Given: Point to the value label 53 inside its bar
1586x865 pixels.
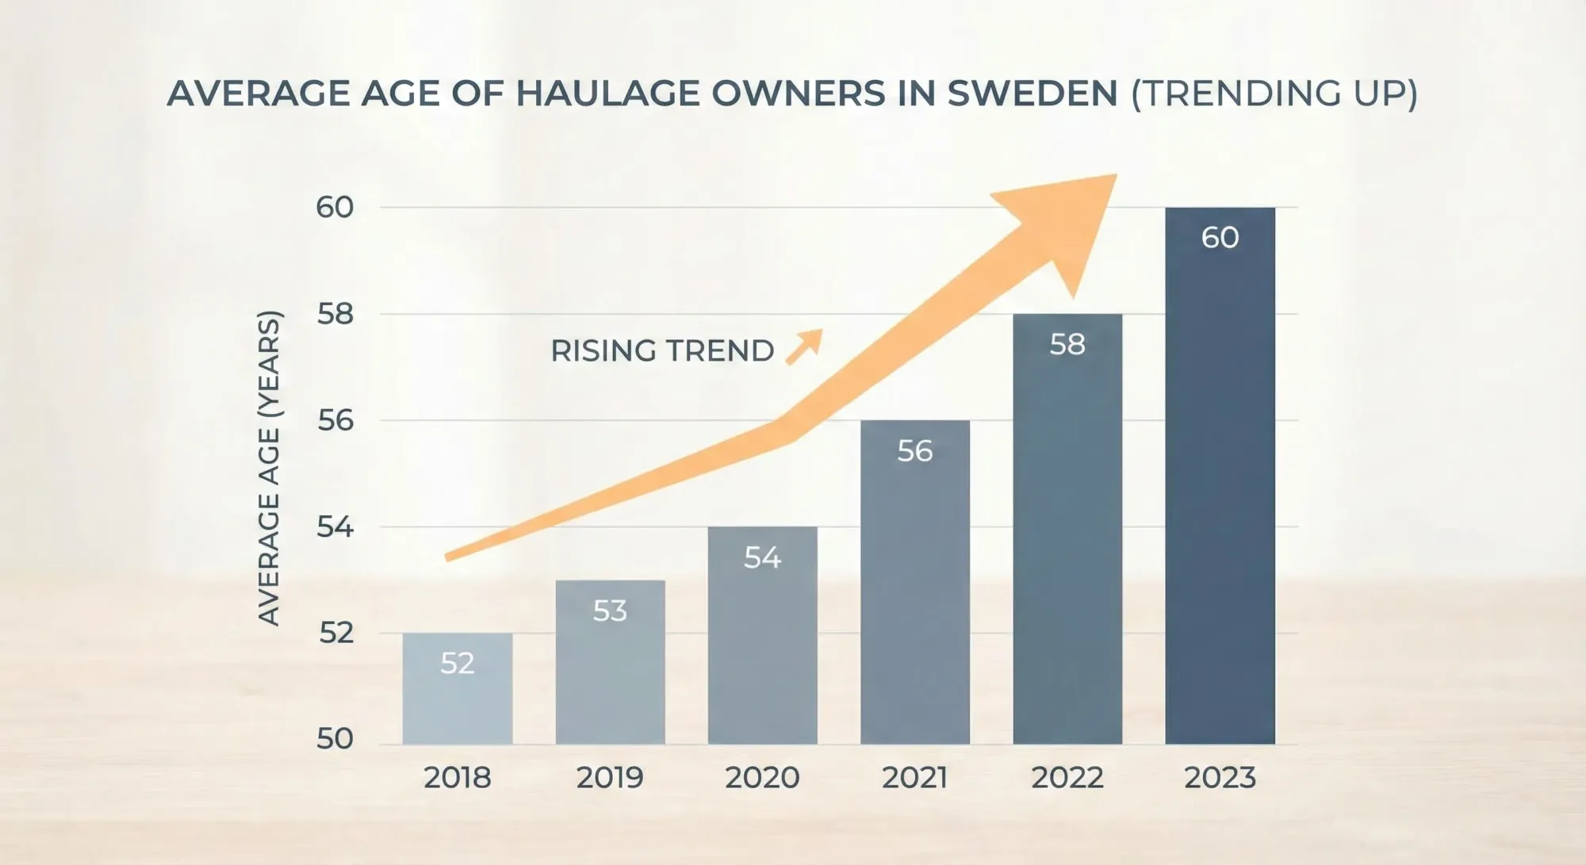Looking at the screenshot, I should tap(610, 610).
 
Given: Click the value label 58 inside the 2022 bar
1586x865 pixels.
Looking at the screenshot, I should tap(1067, 344).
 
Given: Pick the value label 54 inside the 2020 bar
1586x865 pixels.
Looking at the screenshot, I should tap(762, 557).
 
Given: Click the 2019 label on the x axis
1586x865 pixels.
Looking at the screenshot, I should tap(610, 778).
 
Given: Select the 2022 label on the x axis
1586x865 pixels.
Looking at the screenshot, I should tap(1067, 778).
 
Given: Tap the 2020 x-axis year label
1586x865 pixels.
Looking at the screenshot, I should tap(762, 778).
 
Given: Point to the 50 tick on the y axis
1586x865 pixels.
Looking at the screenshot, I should tap(335, 739).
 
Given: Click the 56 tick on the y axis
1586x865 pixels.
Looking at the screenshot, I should tap(335, 420).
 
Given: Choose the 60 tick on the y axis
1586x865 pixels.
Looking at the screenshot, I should tap(335, 208).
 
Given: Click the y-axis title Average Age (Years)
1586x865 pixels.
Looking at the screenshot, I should tap(270, 468).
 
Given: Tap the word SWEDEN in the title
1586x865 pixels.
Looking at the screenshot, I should tap(1032, 94).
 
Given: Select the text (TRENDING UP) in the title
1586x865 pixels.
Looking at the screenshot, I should tap(1274, 94).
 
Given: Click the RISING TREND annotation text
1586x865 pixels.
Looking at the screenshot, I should tap(662, 350).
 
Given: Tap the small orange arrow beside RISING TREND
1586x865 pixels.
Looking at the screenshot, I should tap(805, 346).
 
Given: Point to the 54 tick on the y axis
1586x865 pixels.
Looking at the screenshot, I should tap(335, 526).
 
